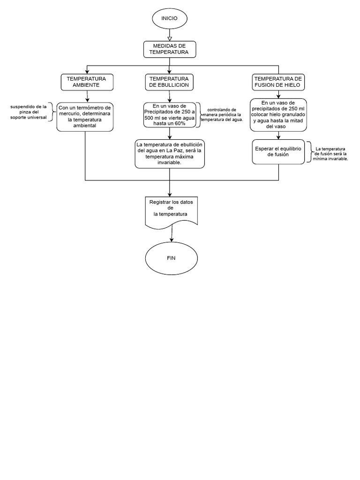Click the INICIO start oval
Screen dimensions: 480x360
[x=169, y=18]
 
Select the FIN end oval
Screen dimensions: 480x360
[x=171, y=258]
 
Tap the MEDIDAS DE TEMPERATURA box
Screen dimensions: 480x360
[x=169, y=49]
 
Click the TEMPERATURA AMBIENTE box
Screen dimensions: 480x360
[x=86, y=82]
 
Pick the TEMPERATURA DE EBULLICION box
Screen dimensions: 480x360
[x=169, y=82]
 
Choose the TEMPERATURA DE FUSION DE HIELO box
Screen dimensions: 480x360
[x=278, y=82]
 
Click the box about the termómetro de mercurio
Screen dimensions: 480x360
[x=85, y=117]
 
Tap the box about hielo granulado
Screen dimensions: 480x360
[x=278, y=114]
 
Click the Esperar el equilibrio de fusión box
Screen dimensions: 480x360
[x=278, y=151]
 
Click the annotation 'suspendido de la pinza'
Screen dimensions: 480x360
[x=29, y=112]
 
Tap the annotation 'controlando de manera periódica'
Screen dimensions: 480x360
[x=221, y=115]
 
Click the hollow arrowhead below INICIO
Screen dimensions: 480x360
[x=169, y=38]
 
